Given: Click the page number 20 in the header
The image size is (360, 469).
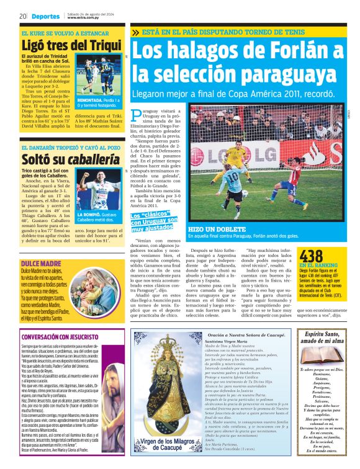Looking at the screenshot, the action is (22, 16).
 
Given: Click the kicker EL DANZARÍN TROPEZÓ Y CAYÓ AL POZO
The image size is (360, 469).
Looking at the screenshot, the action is (70, 147).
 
